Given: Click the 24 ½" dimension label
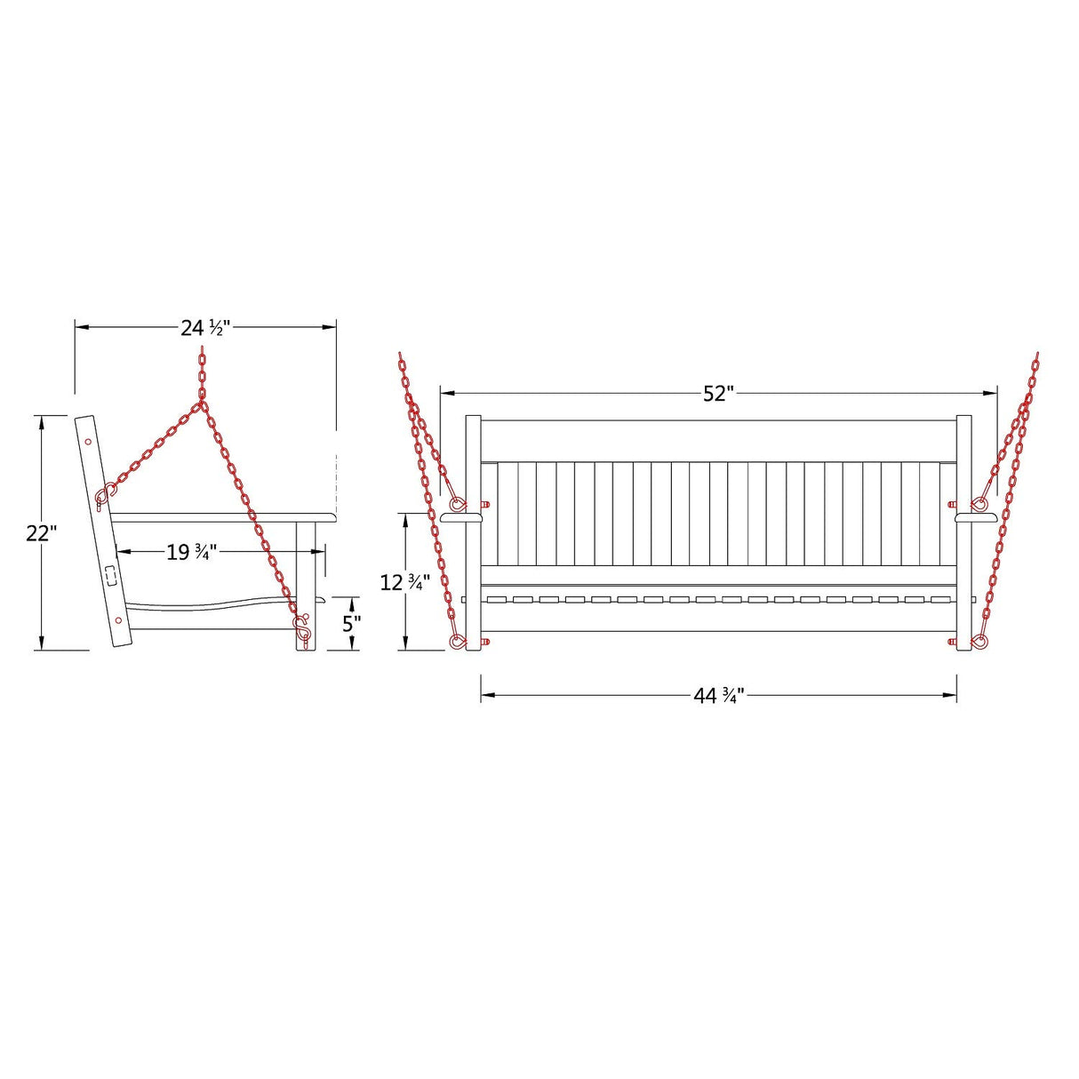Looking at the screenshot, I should [x=205, y=328].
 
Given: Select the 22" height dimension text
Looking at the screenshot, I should [x=41, y=533].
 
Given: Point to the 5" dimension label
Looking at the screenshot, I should [x=352, y=623].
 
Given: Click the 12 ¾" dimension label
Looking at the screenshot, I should [x=405, y=583].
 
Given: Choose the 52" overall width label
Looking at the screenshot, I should [x=718, y=394].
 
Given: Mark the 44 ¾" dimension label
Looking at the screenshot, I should [x=718, y=696].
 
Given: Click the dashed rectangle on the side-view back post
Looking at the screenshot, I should [x=110, y=576].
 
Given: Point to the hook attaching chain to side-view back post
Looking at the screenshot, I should [x=105, y=493].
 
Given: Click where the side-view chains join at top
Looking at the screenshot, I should [x=203, y=404].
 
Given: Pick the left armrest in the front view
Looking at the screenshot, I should [x=460, y=516].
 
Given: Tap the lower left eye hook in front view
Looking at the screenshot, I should [x=457, y=642].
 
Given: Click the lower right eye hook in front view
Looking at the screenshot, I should [x=980, y=641].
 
